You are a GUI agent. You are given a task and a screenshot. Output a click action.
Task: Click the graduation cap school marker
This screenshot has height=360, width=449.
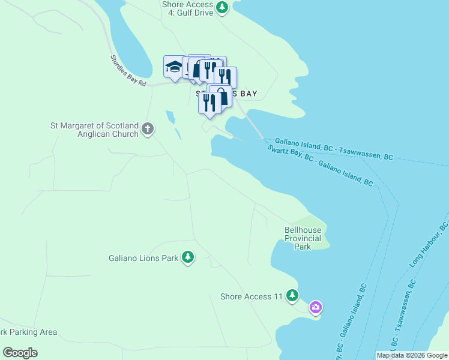(x=173, y=67)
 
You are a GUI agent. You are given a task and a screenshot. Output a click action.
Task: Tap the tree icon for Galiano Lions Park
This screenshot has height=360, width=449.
(x=188, y=257)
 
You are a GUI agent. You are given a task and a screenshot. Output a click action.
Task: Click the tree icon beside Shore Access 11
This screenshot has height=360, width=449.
(x=292, y=295)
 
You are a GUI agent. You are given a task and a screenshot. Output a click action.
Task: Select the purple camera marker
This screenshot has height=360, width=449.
(x=316, y=308)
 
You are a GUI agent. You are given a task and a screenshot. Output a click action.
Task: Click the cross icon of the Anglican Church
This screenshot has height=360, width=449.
(x=148, y=128)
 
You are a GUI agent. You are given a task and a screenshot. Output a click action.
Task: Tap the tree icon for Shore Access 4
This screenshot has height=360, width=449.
(x=223, y=7)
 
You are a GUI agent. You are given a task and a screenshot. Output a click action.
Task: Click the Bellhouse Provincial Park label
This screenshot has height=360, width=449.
(x=303, y=238)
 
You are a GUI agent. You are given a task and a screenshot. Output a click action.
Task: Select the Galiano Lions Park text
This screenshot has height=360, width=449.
(x=143, y=259)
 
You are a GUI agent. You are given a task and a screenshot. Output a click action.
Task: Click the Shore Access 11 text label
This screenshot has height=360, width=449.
(x=251, y=296)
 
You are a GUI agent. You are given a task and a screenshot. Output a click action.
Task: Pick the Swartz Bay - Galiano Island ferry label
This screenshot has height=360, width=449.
(x=320, y=166)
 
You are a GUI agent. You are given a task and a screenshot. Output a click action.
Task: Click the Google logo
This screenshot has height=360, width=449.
(x=20, y=353)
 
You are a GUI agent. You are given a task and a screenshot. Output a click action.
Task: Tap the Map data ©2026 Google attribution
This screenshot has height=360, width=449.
(x=411, y=355)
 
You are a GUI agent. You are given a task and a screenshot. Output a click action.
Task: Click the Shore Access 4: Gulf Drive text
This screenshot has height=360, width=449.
(x=188, y=8)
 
